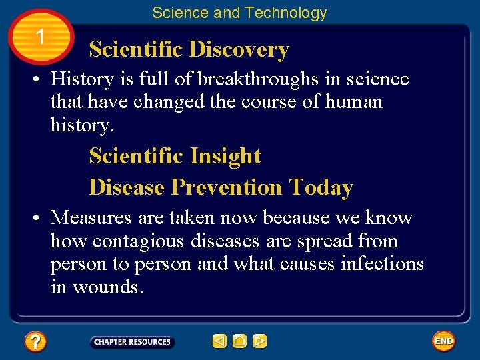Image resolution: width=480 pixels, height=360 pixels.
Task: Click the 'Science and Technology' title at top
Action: click(x=239, y=13)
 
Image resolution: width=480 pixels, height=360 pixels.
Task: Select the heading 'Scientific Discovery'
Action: click(x=189, y=49)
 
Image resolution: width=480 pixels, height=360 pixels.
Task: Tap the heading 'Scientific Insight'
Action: click(x=175, y=156)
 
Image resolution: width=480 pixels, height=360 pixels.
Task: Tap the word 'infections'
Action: click(x=382, y=264)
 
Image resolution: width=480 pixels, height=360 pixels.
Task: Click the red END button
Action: click(x=443, y=341)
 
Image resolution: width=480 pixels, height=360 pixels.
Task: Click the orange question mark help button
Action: click(x=35, y=342)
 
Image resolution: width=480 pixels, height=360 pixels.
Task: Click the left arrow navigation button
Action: click(x=219, y=341)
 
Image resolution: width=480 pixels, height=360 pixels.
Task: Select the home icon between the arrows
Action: click(x=239, y=341)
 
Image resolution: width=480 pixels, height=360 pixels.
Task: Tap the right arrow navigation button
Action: click(x=259, y=341)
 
